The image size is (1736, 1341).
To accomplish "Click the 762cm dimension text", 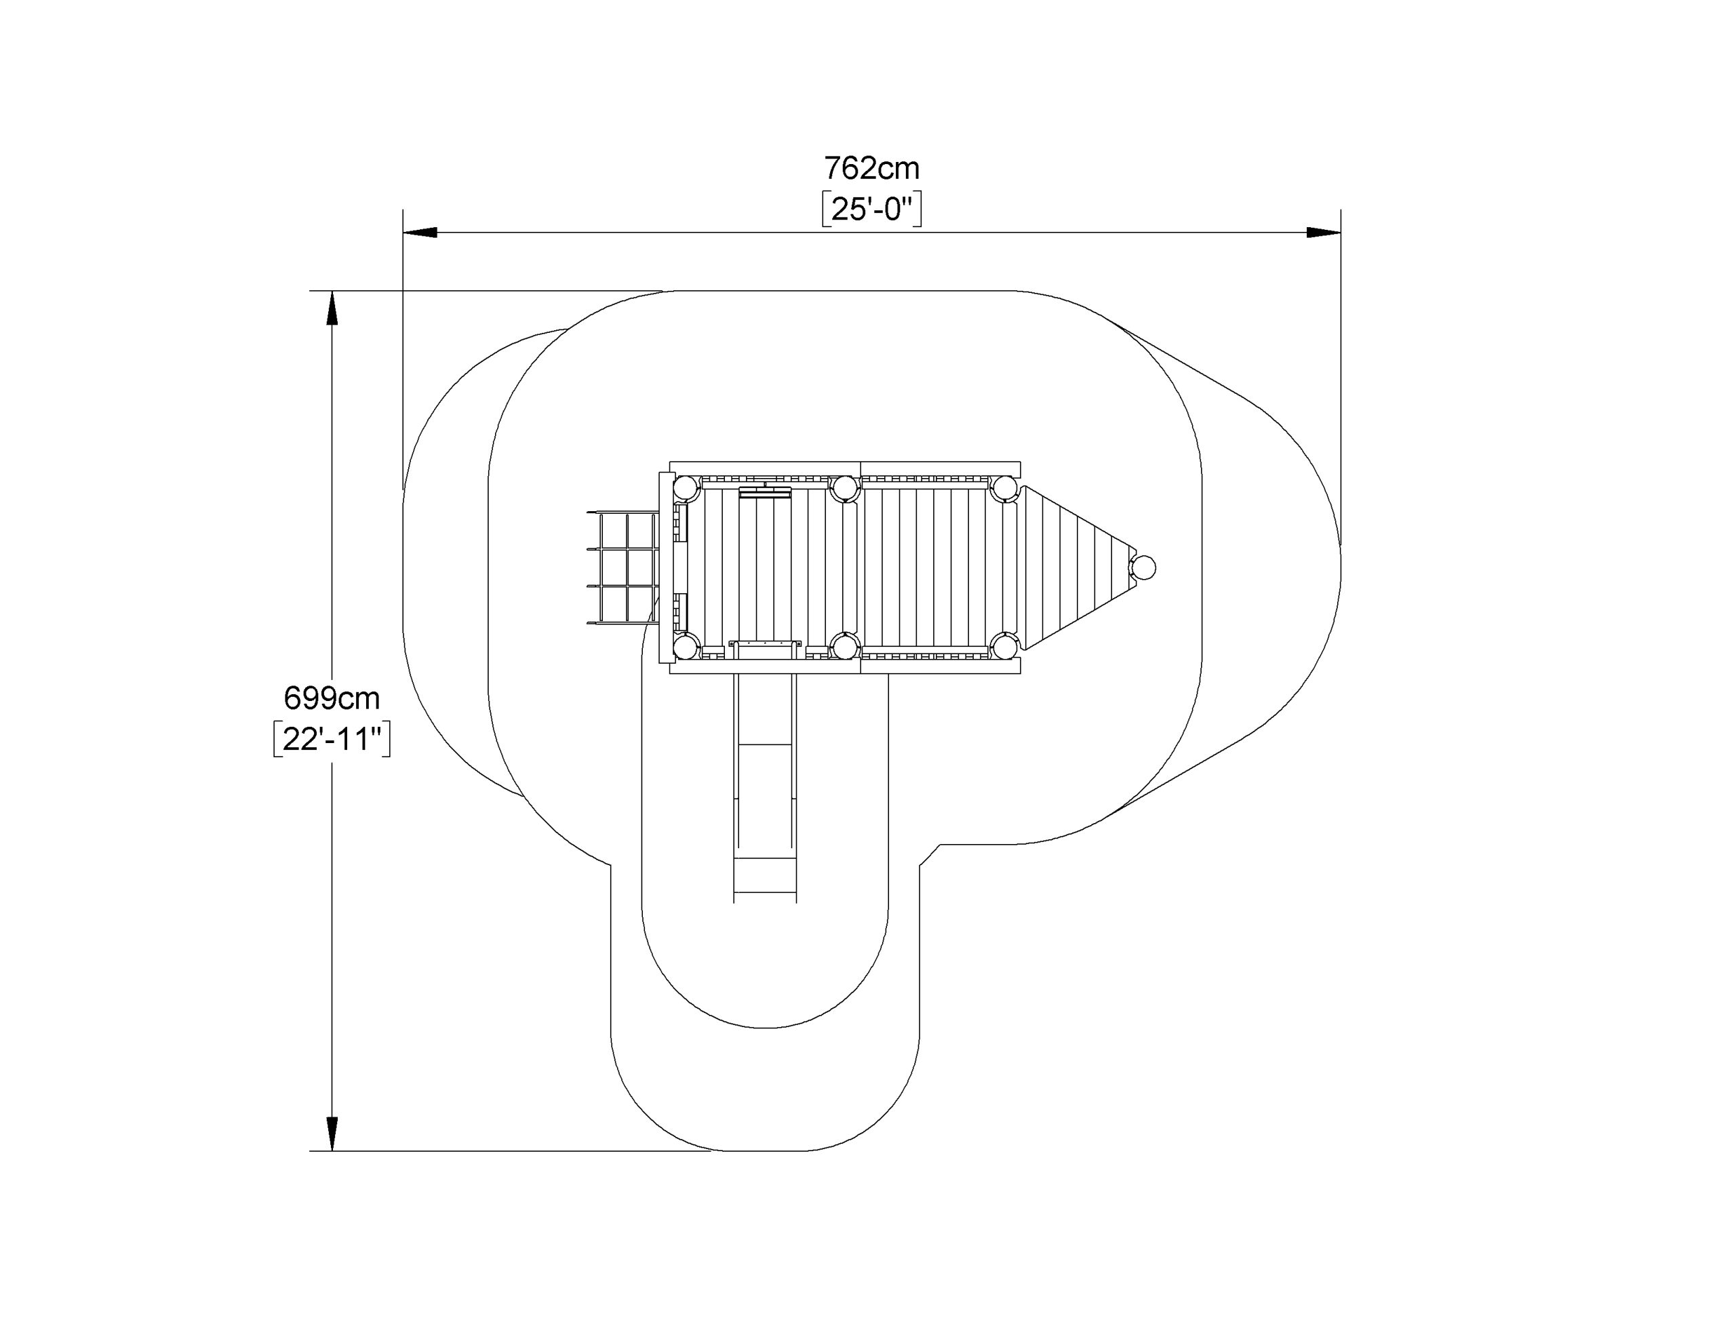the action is [x=871, y=169].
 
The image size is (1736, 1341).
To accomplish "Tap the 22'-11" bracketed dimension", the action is [x=332, y=739].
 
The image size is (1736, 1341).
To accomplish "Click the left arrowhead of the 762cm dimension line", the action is [x=420, y=232].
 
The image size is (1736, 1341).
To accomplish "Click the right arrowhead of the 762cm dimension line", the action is [x=1324, y=232].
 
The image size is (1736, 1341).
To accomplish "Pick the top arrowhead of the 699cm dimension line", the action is [x=332, y=308].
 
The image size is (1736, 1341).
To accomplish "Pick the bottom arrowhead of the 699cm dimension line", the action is [x=332, y=1134].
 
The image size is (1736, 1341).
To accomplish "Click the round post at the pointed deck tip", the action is [x=1143, y=567].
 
